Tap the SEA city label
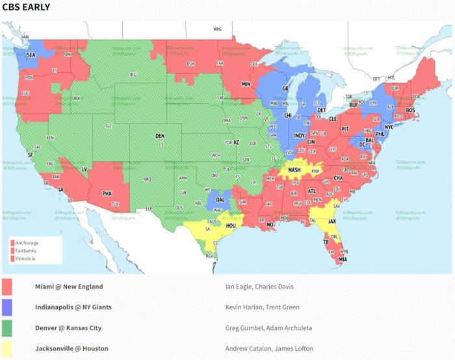(31, 56)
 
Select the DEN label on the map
(160, 136)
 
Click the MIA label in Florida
(343, 259)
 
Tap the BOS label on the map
(410, 110)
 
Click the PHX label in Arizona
(107, 193)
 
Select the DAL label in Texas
(221, 200)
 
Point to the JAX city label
(332, 221)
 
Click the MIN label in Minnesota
(246, 84)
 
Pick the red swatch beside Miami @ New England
(7, 287)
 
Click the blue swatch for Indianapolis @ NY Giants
(7, 307)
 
